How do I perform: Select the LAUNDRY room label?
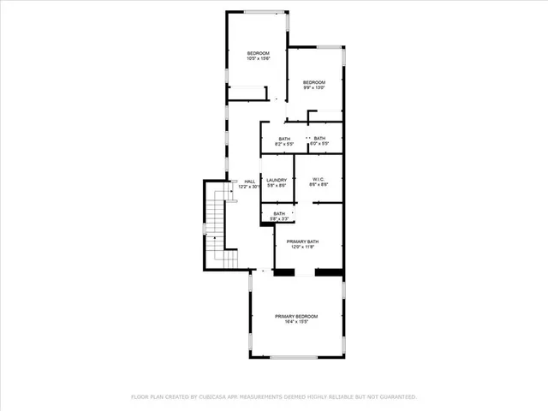[276, 180]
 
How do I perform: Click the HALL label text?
[250, 182]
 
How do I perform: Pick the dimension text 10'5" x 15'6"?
[259, 58]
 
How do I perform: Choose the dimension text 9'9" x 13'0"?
[314, 87]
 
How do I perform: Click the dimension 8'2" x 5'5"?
[284, 144]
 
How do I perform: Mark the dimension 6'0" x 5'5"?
[319, 144]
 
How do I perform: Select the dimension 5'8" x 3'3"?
[279, 219]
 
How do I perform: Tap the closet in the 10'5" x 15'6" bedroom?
[246, 93]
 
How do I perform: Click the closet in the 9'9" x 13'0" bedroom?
[325, 116]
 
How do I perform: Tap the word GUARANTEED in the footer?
[393, 397]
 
